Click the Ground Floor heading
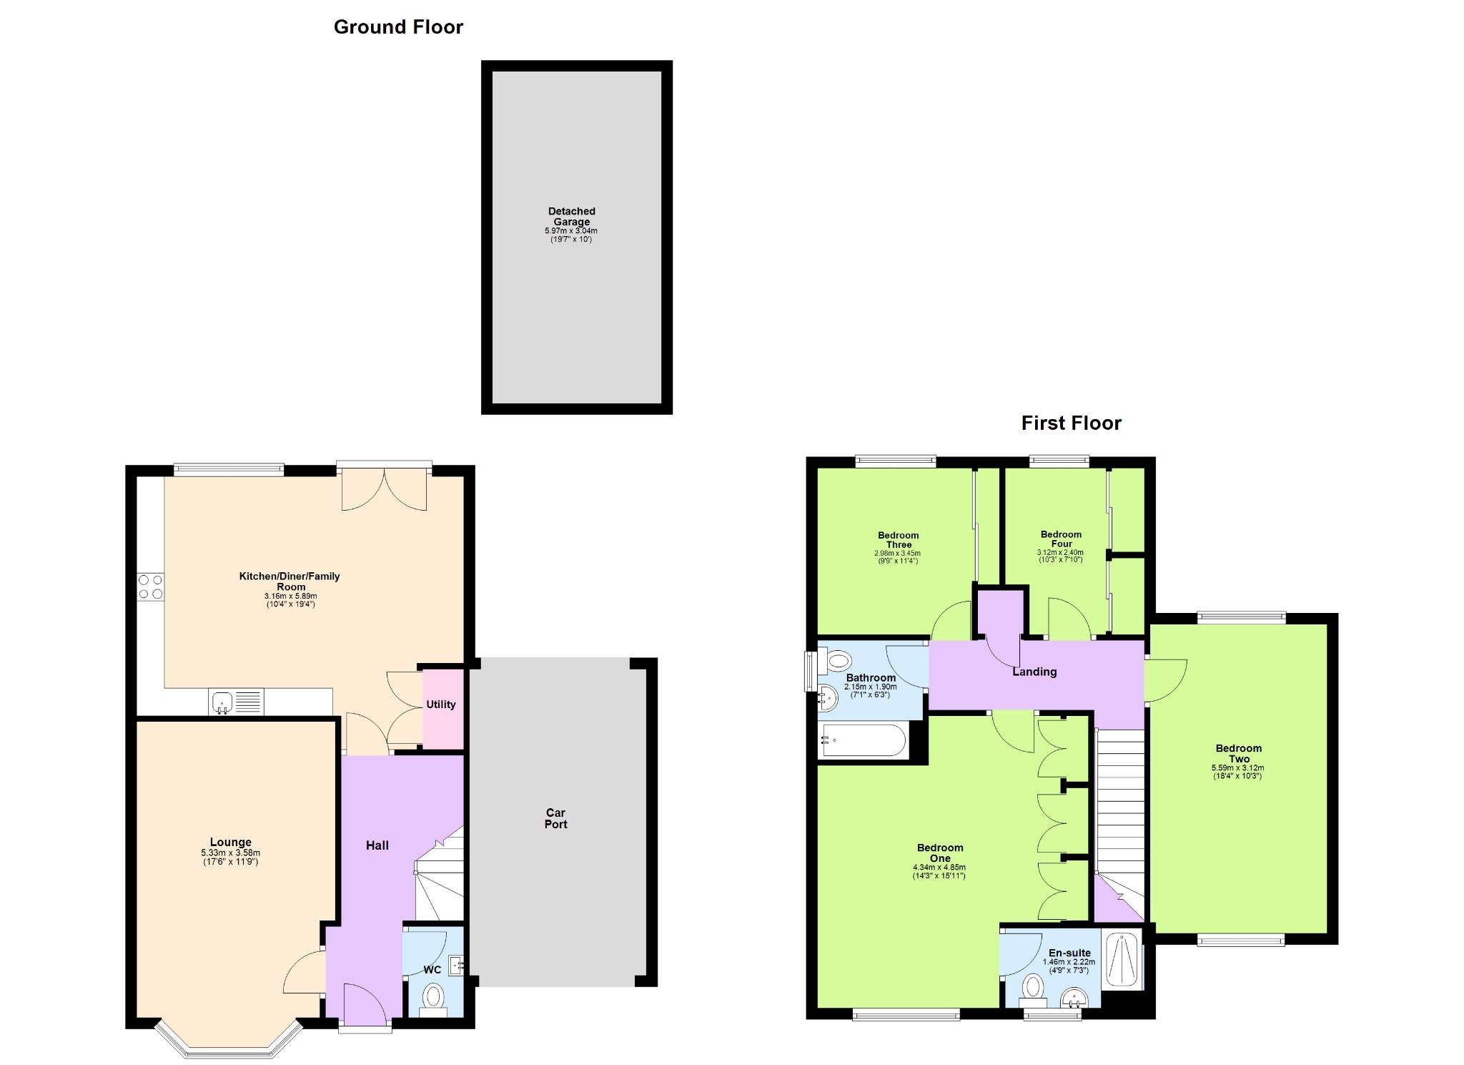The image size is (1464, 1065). pos(398,27)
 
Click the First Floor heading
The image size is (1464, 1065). pos(1071,423)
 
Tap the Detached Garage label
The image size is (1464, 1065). pos(571,216)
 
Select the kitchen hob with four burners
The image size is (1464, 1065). pos(150,587)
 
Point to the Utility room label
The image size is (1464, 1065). pos(441,705)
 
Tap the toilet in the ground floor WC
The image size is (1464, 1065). pos(433,998)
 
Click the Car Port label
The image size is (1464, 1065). pos(555,818)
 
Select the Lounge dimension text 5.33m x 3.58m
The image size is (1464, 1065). pos(230,853)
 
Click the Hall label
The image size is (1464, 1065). pos(377,845)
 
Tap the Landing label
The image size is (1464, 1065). pos(1034,672)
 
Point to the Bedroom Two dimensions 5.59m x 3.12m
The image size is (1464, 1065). pos(1238,768)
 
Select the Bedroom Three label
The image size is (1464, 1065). pos(899,540)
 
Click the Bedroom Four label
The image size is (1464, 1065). pos(1062,539)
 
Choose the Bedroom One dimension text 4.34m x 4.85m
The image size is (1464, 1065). pos(939,868)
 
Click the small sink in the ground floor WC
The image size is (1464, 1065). pos(455,966)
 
